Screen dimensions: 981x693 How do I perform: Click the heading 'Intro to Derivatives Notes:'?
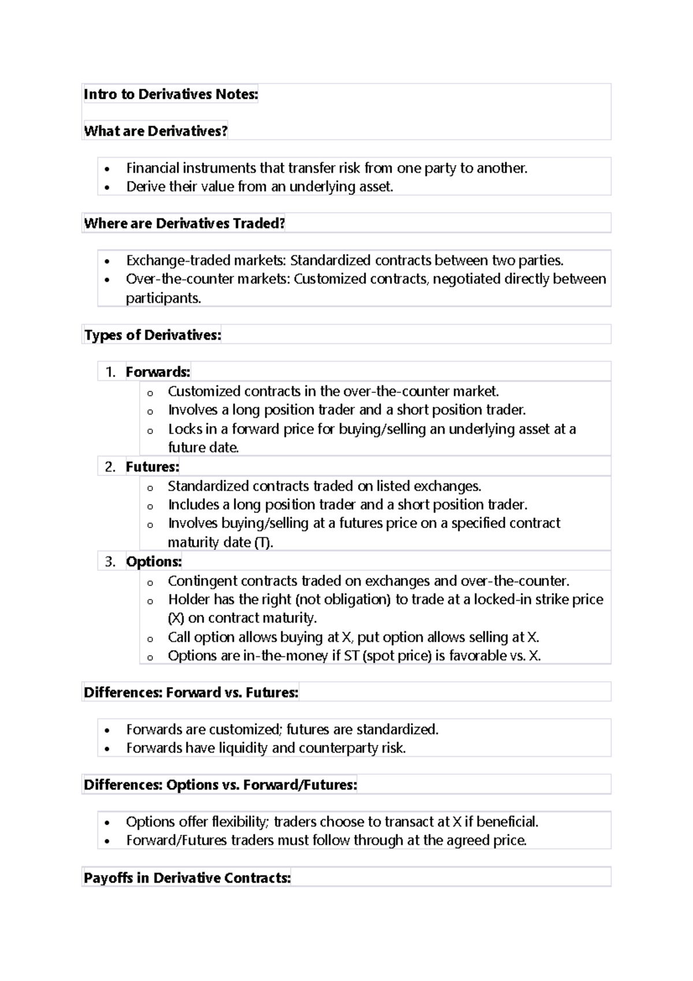click(x=170, y=94)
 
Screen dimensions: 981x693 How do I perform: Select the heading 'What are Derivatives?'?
click(x=155, y=131)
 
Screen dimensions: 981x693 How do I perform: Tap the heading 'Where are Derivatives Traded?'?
click(x=184, y=224)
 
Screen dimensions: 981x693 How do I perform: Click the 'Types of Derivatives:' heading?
click(x=152, y=335)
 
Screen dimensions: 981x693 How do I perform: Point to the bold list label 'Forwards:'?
click(x=158, y=372)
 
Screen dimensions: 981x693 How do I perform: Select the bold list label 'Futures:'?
click(x=152, y=467)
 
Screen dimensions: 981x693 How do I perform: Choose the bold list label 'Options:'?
click(x=154, y=562)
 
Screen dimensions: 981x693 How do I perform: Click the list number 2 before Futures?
click(x=110, y=467)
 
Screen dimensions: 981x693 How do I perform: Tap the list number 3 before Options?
click(x=110, y=562)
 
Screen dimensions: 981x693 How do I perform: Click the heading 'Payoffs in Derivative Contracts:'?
click(x=187, y=878)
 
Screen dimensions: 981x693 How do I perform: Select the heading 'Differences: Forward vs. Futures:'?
click(x=191, y=693)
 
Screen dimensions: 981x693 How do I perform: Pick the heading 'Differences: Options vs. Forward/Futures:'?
click(x=220, y=785)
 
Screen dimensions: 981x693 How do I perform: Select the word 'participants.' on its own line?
click(x=163, y=298)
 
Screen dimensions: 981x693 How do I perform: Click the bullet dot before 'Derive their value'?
click(x=107, y=188)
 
